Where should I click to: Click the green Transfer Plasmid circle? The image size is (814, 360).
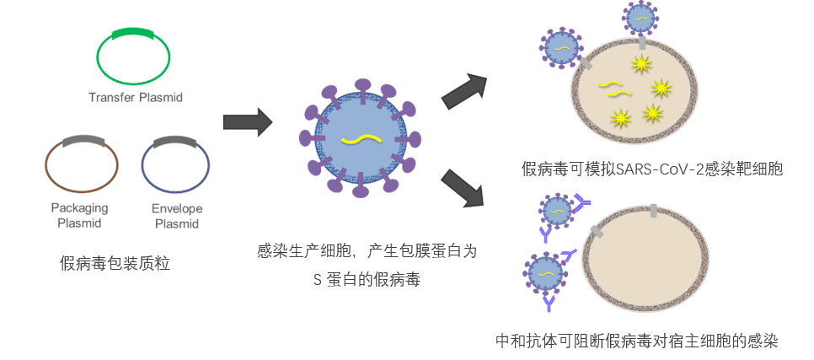[98, 57]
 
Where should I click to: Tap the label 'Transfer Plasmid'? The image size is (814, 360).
[136, 97]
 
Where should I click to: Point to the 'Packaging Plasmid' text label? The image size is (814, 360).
[79, 216]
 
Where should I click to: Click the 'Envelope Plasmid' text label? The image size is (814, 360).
[177, 216]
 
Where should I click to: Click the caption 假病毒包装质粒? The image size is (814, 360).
[115, 263]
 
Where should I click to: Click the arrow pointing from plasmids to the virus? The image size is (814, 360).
[248, 122]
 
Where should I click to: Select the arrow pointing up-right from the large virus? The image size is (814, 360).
[463, 92]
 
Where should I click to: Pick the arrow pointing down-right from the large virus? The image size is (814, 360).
[463, 189]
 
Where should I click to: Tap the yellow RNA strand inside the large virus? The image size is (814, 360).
[362, 139]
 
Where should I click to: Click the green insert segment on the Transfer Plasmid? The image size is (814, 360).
[132, 33]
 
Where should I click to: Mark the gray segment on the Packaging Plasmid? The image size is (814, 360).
[83, 140]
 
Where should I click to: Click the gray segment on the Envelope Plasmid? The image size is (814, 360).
[175, 141]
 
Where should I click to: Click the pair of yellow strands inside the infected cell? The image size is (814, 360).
[613, 89]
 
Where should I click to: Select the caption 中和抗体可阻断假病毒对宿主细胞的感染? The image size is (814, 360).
[637, 341]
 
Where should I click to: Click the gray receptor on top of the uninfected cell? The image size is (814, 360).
[653, 211]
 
